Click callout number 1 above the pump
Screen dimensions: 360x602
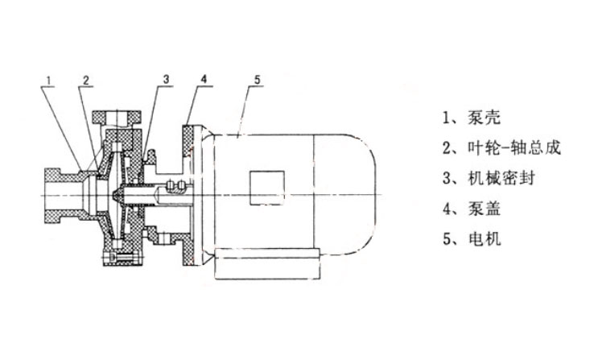click(x=49, y=80)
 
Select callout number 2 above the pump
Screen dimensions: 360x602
click(x=86, y=80)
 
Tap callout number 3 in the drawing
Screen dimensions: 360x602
click(x=165, y=80)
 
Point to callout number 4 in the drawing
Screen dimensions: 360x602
click(x=204, y=80)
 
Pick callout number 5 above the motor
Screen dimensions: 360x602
click(x=257, y=80)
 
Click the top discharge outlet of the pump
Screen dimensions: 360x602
click(x=118, y=121)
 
